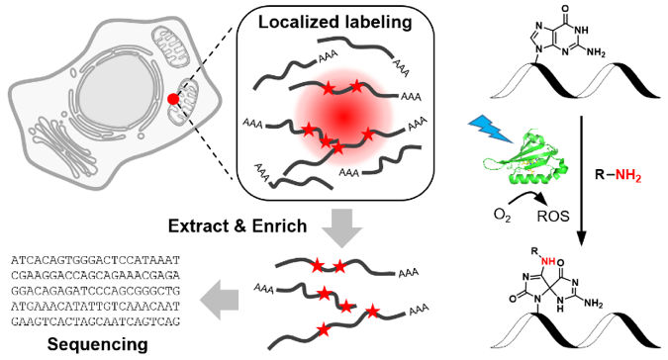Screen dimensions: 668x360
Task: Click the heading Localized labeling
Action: coord(335,22)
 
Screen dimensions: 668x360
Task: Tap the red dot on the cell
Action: coord(173,99)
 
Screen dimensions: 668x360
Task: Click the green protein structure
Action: coord(525,158)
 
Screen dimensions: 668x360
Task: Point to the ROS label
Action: coord(553,217)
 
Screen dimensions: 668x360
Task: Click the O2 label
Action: coord(503,215)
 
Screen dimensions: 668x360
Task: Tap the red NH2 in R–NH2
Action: coord(628,175)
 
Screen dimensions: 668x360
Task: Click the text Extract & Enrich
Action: coord(238,225)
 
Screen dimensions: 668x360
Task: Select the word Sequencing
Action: coord(98,344)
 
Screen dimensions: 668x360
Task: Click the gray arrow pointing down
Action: coord(341,227)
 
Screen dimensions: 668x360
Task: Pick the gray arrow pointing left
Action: coord(220,299)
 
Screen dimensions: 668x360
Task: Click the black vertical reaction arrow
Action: coord(581,181)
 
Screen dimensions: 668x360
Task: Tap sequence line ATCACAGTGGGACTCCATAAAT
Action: coord(95,259)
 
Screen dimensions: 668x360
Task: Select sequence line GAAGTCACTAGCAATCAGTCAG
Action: coord(95,321)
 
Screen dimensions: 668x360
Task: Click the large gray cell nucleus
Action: coord(112,96)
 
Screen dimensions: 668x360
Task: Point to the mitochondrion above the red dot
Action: coord(171,45)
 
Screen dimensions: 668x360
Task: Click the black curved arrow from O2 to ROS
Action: coord(529,197)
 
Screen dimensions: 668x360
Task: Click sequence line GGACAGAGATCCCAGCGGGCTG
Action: coord(95,291)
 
